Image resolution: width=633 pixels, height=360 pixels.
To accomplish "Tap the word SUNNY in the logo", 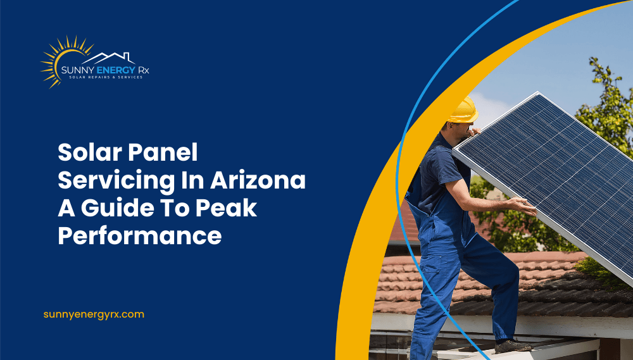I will pos(77,69).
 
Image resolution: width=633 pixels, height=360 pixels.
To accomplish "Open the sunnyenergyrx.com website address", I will pos(94,314).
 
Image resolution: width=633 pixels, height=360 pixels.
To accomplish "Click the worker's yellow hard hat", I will pos(462,109).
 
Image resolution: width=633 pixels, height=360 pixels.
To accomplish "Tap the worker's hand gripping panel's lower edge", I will pos(525,205).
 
